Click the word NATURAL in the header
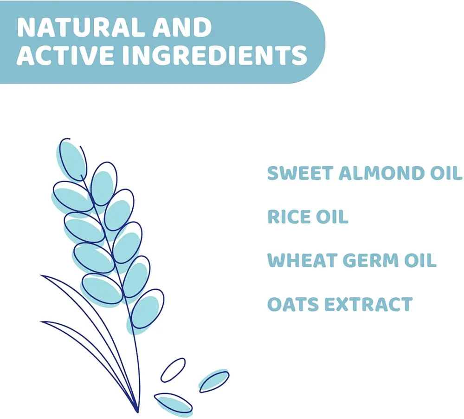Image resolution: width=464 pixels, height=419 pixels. pyautogui.click(x=80, y=27)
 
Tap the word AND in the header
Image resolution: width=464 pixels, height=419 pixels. pyautogui.click(x=182, y=27)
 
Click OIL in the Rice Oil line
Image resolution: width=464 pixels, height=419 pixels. pyautogui.click(x=332, y=216)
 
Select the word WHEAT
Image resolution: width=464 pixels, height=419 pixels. pyautogui.click(x=303, y=260)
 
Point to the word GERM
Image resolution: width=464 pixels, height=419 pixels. pyautogui.click(x=371, y=260)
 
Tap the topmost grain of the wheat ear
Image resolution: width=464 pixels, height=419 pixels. pyautogui.click(x=72, y=159)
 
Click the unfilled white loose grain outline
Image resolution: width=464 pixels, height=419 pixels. pyautogui.click(x=173, y=370)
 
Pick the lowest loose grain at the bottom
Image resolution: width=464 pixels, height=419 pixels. pyautogui.click(x=174, y=403)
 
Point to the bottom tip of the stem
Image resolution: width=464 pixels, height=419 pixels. pyautogui.click(x=138, y=412)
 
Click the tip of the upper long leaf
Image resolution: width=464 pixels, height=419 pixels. pyautogui.click(x=40, y=275)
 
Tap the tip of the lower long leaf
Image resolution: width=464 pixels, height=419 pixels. pyautogui.click(x=40, y=321)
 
